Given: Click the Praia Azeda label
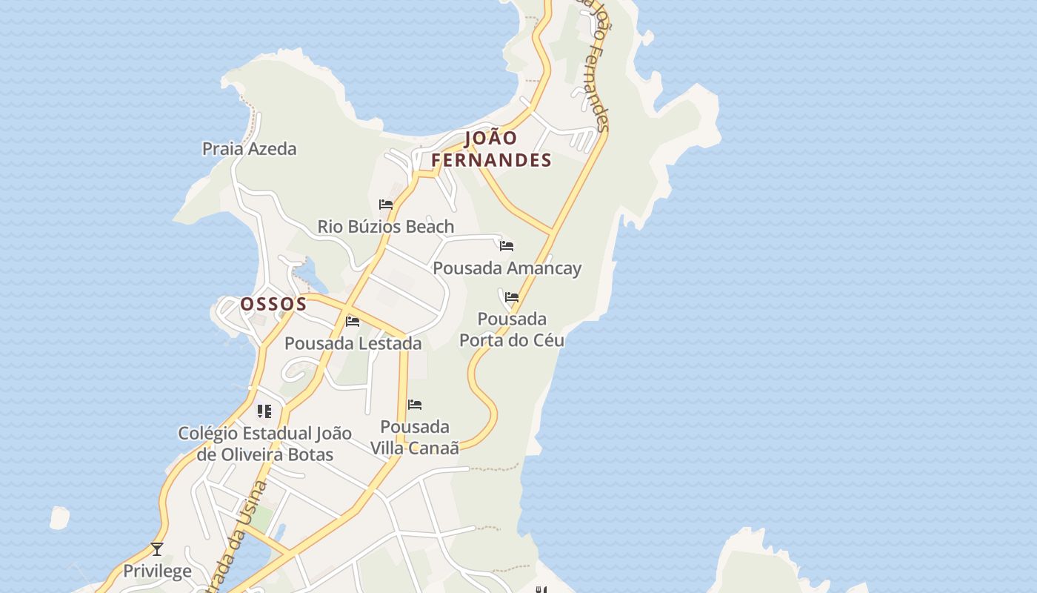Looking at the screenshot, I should point(249,149).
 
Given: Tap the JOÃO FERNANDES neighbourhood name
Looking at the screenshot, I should point(491,149).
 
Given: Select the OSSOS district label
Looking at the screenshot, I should point(273,304).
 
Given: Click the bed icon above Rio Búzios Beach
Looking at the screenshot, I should point(386,205).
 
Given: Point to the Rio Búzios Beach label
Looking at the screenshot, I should point(385,227).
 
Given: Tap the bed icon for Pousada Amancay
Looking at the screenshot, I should point(507,246).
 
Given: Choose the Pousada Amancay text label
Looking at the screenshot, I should point(507,268).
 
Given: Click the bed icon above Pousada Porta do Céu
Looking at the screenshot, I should point(512,298).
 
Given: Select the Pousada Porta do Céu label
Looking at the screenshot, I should point(512,330).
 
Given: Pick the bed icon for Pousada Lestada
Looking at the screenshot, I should point(353,322).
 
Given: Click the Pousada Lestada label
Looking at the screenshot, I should point(353,344).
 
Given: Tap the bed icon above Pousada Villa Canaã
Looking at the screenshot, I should point(415,405).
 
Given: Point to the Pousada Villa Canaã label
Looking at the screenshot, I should point(415,437).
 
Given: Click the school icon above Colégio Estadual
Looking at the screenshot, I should point(264,411).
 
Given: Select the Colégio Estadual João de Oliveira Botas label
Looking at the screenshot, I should point(264,443).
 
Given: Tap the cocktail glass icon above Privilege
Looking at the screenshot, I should point(157,549).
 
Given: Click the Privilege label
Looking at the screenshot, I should point(157,572).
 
